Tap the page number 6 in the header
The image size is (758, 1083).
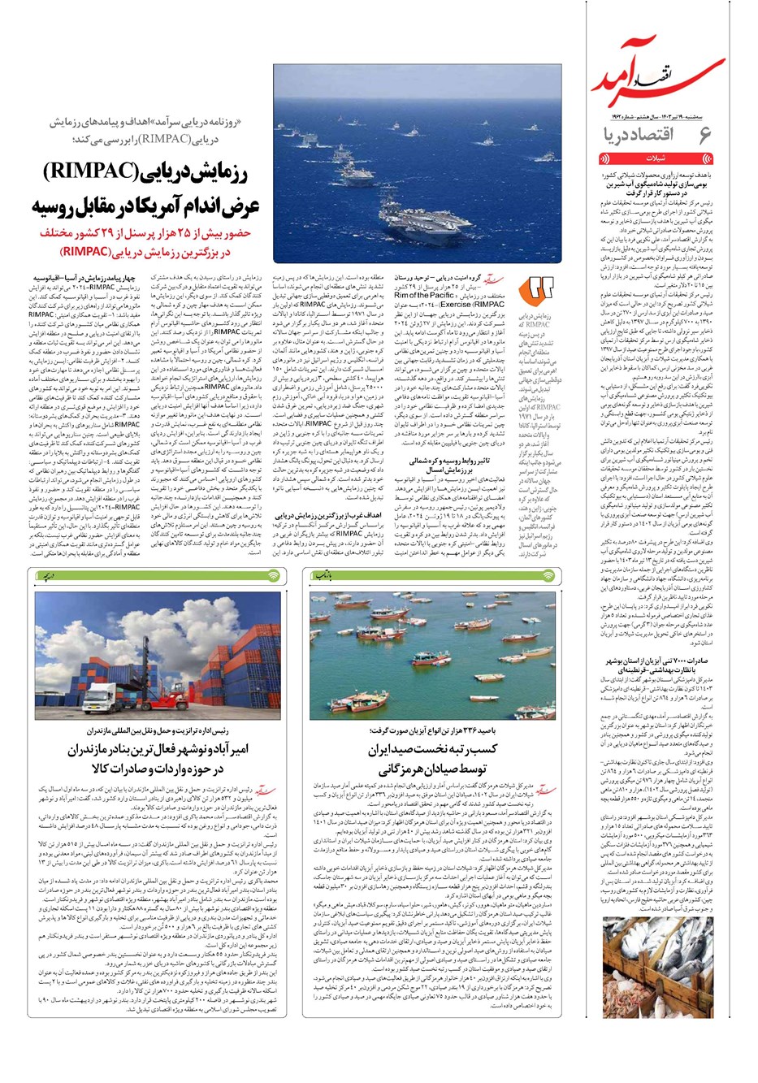tap(704, 133)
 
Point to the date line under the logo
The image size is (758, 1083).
tap(655, 116)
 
